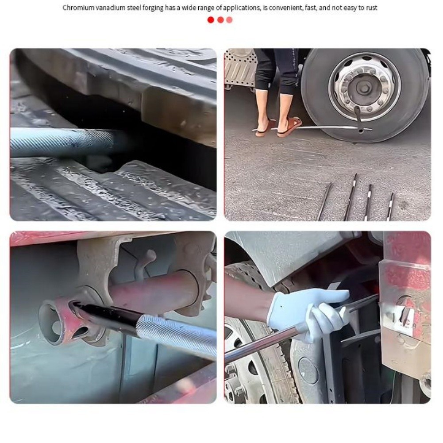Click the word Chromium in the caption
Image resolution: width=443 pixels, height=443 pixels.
(x=78, y=8)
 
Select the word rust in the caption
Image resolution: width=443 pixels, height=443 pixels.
(x=372, y=8)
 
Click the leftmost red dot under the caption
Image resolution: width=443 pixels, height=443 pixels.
(x=211, y=20)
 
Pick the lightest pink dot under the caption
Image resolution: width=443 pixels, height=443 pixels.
(x=229, y=20)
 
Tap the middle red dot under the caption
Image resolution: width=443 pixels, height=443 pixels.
(x=220, y=20)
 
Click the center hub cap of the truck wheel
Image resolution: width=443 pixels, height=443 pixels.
(x=363, y=89)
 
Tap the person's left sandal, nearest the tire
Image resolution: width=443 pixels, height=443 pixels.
(x=289, y=127)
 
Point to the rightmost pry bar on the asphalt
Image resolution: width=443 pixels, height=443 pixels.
(x=390, y=206)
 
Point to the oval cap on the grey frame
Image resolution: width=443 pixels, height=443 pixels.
(x=308, y=370)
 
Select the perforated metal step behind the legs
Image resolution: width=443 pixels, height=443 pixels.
(x=240, y=68)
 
